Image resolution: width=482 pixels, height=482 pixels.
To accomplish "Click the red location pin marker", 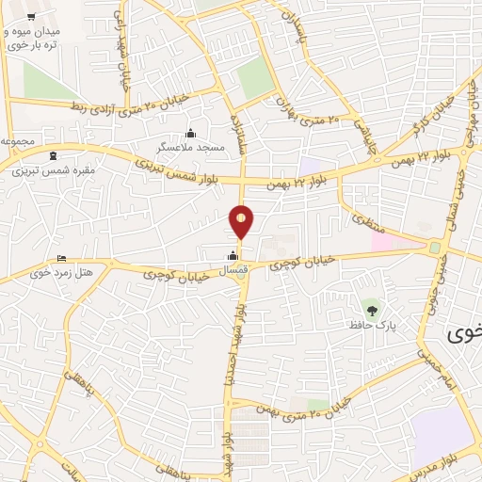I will click(x=242, y=221).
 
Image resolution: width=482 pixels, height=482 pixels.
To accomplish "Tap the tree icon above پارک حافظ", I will click(x=372, y=309).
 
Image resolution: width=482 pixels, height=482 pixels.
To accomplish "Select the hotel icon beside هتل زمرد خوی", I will click(x=62, y=259).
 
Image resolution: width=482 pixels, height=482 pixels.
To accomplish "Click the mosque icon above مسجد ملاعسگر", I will click(x=191, y=133).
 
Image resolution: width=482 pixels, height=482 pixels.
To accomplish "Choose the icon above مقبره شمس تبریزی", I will click(x=53, y=155).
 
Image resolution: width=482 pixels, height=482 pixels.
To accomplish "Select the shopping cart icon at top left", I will click(x=31, y=18).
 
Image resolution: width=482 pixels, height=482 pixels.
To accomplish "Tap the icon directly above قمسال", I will click(x=233, y=255).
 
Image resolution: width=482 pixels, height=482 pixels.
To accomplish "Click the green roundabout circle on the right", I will click(x=435, y=249).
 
